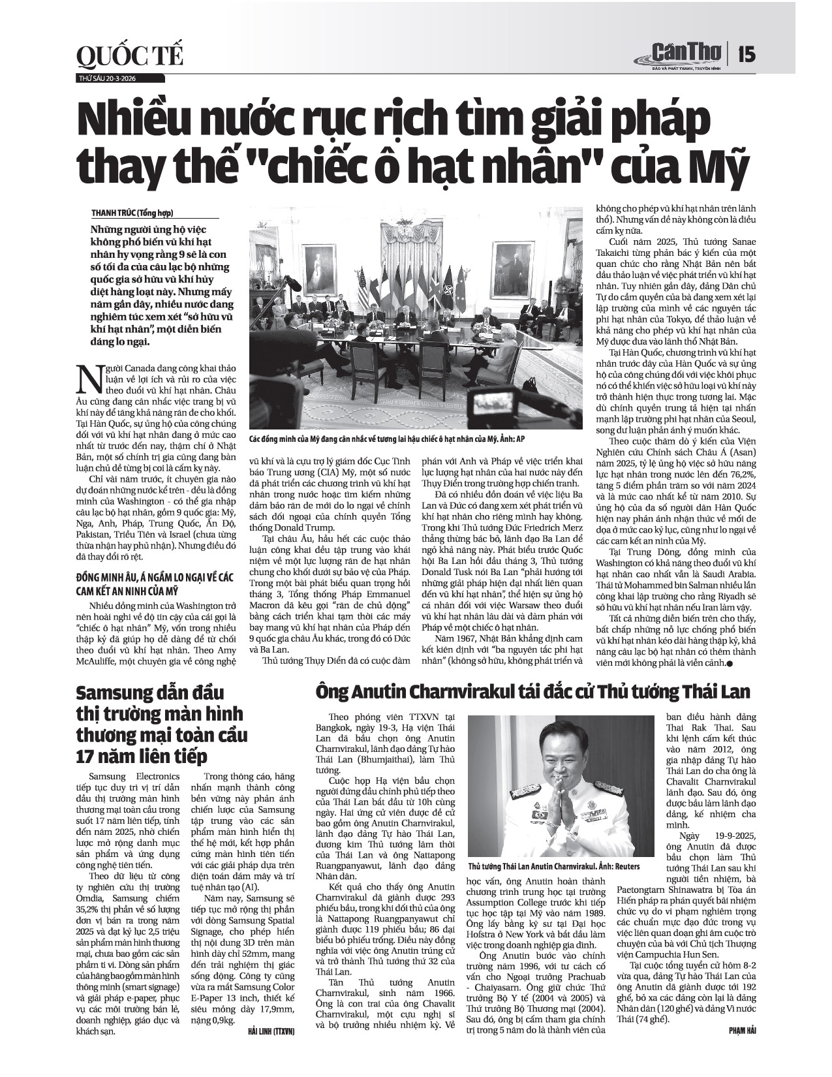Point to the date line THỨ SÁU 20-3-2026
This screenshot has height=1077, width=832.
pyautogui.click(x=107, y=78)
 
